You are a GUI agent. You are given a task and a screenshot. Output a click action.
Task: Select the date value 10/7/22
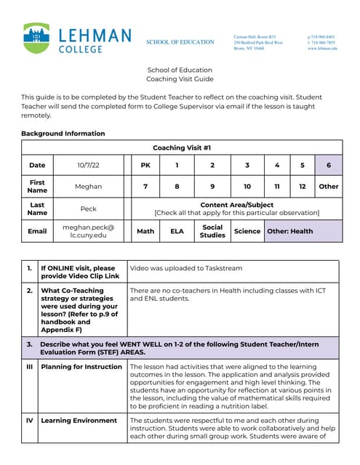[88, 165]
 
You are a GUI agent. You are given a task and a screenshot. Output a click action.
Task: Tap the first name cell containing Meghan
[88, 186]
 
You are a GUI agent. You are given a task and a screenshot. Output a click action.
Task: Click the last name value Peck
[88, 209]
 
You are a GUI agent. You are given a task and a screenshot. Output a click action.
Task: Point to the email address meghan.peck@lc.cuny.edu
[88, 231]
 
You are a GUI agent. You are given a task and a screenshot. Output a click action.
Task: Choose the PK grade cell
[145, 165]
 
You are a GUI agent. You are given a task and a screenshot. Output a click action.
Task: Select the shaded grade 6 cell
[328, 165]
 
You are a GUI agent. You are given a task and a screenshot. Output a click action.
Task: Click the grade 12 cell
[302, 186]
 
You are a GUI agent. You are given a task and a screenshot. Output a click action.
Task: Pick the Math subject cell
[145, 231]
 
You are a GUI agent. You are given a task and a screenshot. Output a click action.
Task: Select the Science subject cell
[247, 231]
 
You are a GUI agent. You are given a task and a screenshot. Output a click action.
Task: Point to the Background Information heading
[63, 134]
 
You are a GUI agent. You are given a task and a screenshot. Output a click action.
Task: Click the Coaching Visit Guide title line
[180, 78]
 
